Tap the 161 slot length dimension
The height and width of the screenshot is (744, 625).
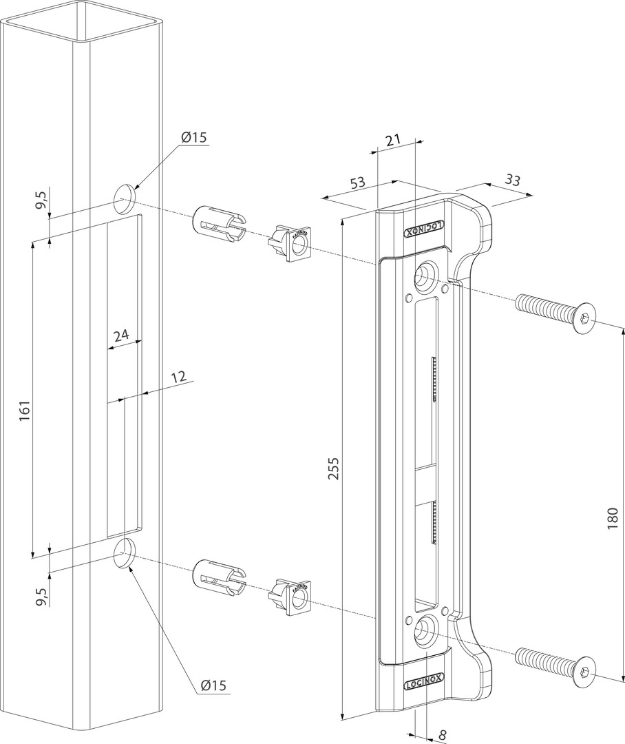tap(25, 411)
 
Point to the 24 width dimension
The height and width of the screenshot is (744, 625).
tap(121, 335)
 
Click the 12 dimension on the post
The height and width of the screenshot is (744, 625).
tap(178, 378)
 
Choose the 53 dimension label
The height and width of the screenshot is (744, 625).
tap(357, 183)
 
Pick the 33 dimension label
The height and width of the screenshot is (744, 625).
tap(512, 180)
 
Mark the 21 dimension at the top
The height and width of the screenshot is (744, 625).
tap(392, 141)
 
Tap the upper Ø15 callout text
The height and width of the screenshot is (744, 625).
tap(194, 137)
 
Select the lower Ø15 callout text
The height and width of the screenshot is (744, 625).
tap(213, 685)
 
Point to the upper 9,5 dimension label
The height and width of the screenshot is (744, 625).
tap(41, 200)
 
